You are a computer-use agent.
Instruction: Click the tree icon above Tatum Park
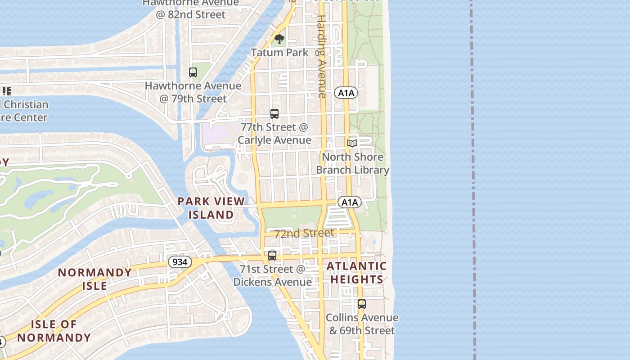coord(279,39)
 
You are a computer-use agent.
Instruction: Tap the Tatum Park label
coord(279,53)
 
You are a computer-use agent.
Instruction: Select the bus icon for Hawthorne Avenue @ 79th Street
coord(193,72)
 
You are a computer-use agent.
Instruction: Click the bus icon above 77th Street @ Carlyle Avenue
coord(274,114)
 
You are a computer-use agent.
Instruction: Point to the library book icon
coord(352,143)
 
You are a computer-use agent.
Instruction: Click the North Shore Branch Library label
coord(352,163)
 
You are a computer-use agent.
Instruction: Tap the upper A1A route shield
coord(346,93)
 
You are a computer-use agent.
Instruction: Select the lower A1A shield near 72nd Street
coord(350,202)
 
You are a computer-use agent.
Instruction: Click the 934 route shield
coord(180,261)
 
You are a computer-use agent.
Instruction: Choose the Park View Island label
coord(211,208)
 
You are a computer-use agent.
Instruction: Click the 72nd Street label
coord(304,233)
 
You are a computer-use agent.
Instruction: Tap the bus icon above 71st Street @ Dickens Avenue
coord(272,256)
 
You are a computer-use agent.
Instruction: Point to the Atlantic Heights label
coord(356,273)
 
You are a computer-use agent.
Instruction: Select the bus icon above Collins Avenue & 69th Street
coord(362,304)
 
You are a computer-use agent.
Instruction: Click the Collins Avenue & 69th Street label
coord(362,324)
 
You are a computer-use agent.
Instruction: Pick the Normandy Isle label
coord(94,279)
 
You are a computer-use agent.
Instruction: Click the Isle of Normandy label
coord(54,331)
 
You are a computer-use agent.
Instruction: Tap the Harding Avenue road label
coord(322,56)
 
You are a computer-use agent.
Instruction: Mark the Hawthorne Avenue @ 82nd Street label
coord(190,9)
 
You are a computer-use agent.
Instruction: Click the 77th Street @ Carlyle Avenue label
coord(274,134)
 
